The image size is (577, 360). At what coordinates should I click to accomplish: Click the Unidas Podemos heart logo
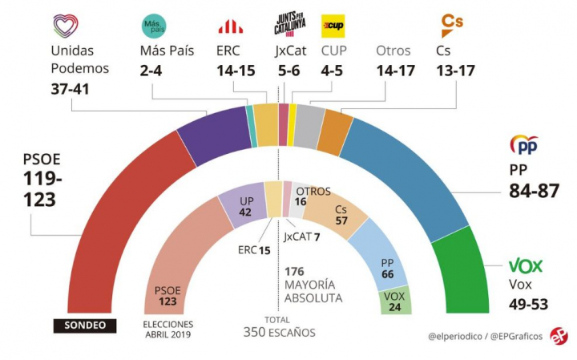(66, 26)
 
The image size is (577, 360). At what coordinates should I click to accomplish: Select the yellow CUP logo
(333, 25)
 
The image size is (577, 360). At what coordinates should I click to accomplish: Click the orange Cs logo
(453, 22)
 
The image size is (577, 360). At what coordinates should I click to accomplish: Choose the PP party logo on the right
(524, 146)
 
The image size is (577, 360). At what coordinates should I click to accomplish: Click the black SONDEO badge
(85, 326)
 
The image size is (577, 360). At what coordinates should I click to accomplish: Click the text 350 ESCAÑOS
(280, 332)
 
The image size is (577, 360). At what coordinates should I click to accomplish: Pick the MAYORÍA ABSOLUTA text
(313, 291)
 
